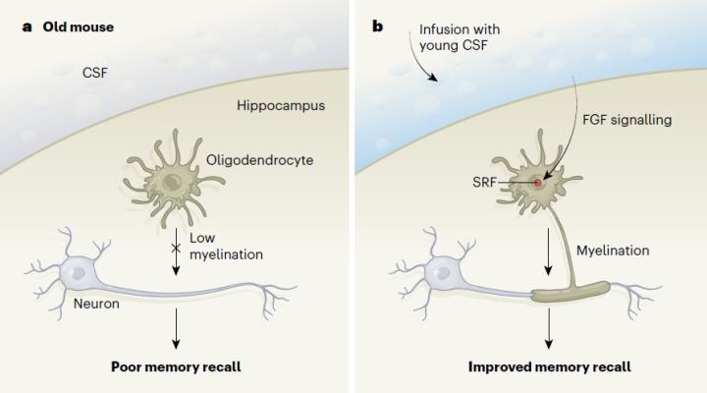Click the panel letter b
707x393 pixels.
[377, 26]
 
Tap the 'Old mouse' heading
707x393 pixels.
[78, 26]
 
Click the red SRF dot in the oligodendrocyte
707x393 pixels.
[539, 183]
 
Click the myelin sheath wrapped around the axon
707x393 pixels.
[571, 292]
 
